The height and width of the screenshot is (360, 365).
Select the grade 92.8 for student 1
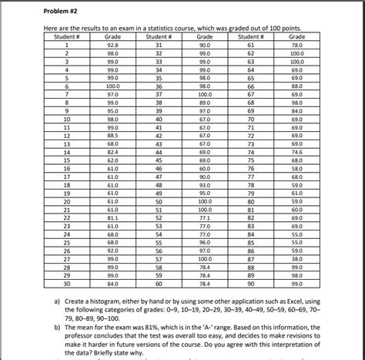pyautogui.click(x=112, y=46)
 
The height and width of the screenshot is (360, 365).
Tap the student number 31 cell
pyautogui.click(x=159, y=46)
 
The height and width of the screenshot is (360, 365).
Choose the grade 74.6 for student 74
pyautogui.click(x=296, y=153)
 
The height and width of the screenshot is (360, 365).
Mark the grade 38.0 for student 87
pyautogui.click(x=296, y=259)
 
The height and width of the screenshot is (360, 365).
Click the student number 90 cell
pyautogui.click(x=250, y=283)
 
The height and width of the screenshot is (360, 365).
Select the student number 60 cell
pyautogui.click(x=159, y=283)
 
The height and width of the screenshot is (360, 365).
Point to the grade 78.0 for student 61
pyautogui.click(x=296, y=46)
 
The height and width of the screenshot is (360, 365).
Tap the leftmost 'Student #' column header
pyautogui.click(x=67, y=37)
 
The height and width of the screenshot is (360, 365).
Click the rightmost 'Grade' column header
pyautogui.click(x=296, y=37)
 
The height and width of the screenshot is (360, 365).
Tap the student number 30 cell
pyautogui.click(x=67, y=283)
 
